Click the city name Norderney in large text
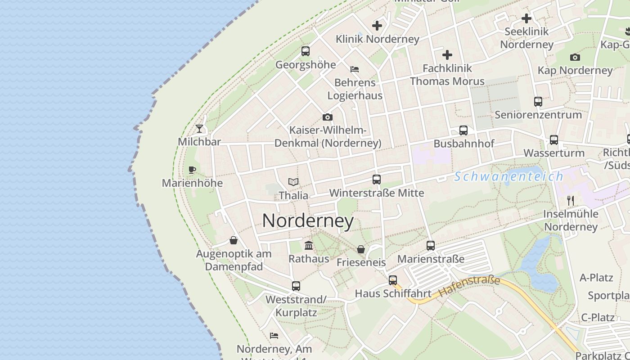coord(308,221)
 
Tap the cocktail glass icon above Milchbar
coord(199,129)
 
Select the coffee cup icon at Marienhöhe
coord(192,170)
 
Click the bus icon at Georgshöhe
coord(306,51)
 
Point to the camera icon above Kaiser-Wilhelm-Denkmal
coord(328,117)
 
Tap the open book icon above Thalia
coord(293,182)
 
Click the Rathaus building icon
coord(309,246)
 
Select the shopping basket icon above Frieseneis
coord(361,249)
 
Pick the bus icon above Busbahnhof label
coord(463,130)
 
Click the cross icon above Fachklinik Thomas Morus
coord(447,55)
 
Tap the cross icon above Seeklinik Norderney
coord(526,18)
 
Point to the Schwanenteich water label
coord(508,176)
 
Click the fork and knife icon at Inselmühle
coord(571,200)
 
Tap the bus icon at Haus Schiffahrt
coord(393,280)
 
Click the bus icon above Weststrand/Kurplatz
coord(296,286)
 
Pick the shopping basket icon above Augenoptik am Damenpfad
coord(234,240)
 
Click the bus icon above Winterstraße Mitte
coord(377,180)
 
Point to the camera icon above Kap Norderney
coord(575,57)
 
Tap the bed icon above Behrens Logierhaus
coord(355,69)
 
